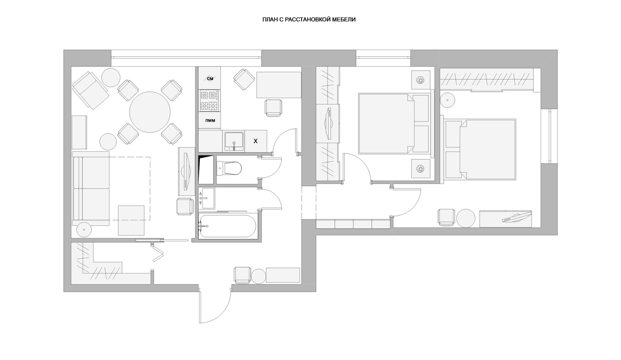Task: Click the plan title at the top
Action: [309, 20]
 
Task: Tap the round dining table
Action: [150, 112]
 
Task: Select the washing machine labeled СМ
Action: [210, 78]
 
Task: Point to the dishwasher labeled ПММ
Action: [210, 121]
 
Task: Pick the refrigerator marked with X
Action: [256, 141]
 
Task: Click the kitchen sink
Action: [234, 141]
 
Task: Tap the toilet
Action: [229, 168]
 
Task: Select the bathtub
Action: [227, 226]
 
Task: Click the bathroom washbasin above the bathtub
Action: [208, 198]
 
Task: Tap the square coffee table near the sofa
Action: [131, 220]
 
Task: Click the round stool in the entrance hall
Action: [258, 276]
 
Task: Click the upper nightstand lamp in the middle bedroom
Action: [420, 80]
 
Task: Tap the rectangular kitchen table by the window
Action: [279, 85]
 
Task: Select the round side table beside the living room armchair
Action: [111, 78]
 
